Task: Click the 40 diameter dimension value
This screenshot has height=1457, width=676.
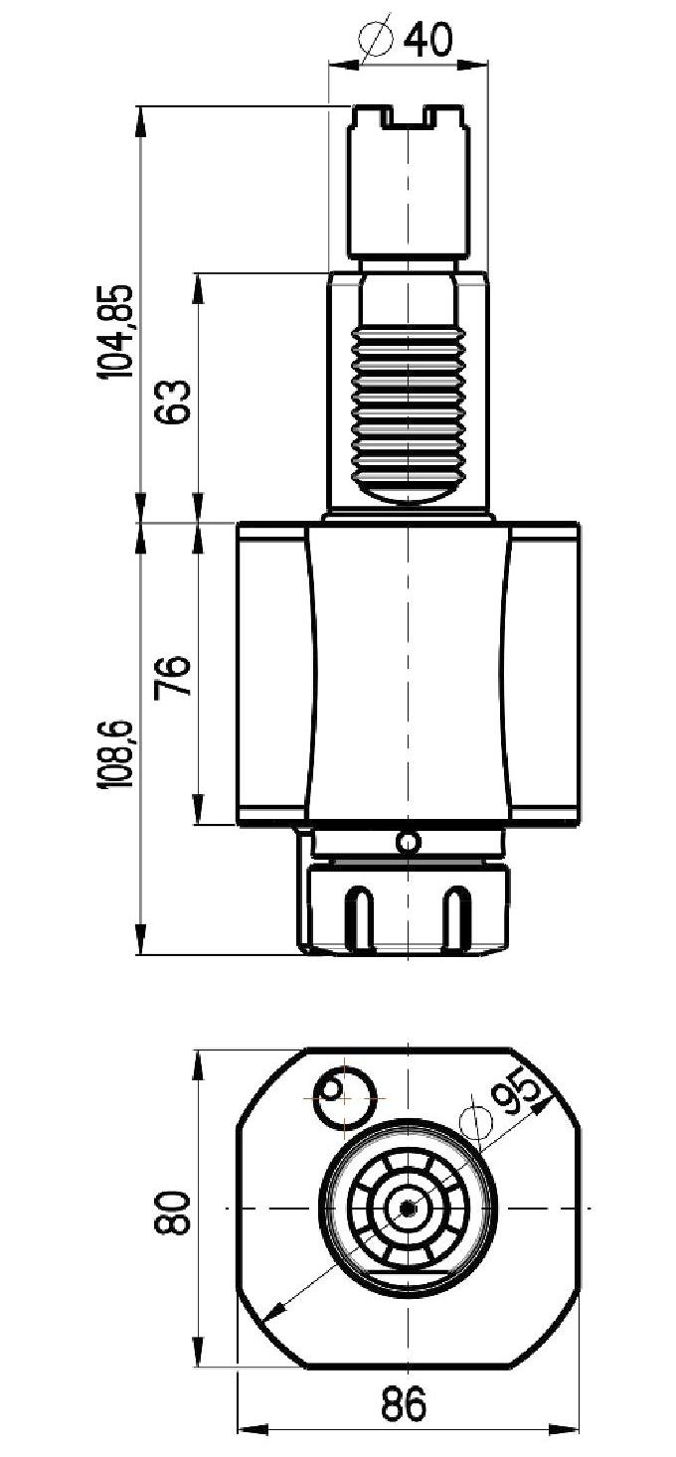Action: point(427,40)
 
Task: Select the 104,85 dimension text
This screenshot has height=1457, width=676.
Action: point(115,331)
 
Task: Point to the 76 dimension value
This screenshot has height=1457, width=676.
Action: point(172,677)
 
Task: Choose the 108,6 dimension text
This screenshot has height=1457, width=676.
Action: point(115,754)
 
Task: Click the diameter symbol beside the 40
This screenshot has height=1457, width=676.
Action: point(376,39)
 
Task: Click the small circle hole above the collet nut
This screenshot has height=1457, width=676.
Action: point(407,843)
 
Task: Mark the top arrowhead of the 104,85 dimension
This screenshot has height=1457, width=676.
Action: point(141,120)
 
